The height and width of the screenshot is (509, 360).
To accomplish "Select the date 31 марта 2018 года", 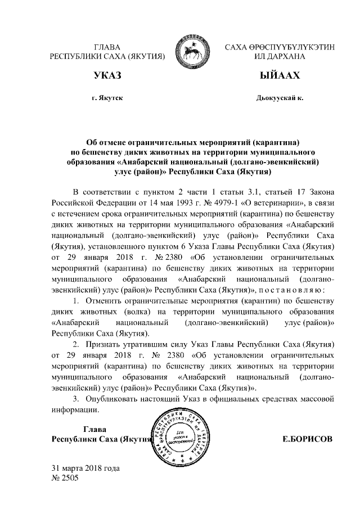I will (x=85, y=468).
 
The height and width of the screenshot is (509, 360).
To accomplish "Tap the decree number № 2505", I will (x=65, y=478).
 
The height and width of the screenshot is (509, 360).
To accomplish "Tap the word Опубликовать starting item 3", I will (x=112, y=399).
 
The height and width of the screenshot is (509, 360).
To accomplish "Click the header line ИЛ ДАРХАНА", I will (x=272, y=57).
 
